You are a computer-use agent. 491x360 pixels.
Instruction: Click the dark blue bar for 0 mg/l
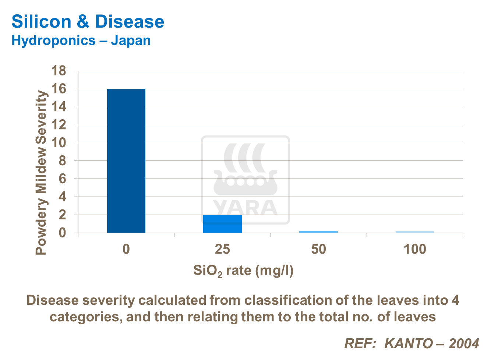coord(126,160)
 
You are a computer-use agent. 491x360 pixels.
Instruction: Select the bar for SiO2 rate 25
coord(222,224)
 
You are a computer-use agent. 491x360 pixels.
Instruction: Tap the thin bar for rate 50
coord(318,232)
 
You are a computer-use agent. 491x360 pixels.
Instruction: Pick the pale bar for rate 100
coord(415,232)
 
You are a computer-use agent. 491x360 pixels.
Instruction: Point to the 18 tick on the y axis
coord(59,71)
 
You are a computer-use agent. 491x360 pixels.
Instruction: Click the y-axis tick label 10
coord(59,143)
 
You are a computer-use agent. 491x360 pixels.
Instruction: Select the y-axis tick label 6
coord(62,179)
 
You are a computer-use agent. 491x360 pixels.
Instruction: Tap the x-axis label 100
coord(415,249)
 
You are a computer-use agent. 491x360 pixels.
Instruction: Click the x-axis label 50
coord(318,249)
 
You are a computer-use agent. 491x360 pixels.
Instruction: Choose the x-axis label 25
coord(222,249)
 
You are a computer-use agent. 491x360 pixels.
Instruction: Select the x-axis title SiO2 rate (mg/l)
coord(243,271)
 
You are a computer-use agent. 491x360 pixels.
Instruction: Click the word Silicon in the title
coord(41,21)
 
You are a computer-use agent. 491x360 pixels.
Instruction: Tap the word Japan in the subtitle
coord(131,40)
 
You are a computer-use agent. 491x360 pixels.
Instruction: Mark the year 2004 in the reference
coord(464,343)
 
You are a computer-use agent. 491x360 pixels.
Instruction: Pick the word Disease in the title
coord(130,21)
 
